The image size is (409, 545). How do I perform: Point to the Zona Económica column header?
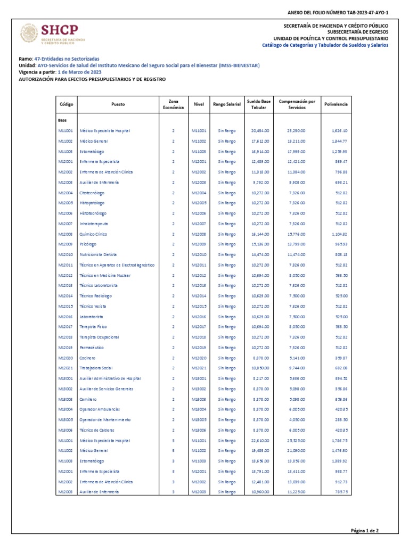(173, 104)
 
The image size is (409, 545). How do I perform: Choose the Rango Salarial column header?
(226, 104)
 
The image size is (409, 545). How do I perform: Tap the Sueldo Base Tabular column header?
(259, 104)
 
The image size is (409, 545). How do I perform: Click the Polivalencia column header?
(336, 104)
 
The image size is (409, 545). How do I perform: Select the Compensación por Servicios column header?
(297, 104)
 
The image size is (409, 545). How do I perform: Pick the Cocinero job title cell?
(87, 358)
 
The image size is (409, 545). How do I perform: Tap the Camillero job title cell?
(88, 399)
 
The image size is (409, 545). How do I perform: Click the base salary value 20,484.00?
(260, 131)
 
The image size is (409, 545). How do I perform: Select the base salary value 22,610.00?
(260, 441)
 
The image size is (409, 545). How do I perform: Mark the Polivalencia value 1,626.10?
(339, 131)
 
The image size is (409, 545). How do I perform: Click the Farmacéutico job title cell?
(92, 348)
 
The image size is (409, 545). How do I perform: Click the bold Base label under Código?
(62, 121)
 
